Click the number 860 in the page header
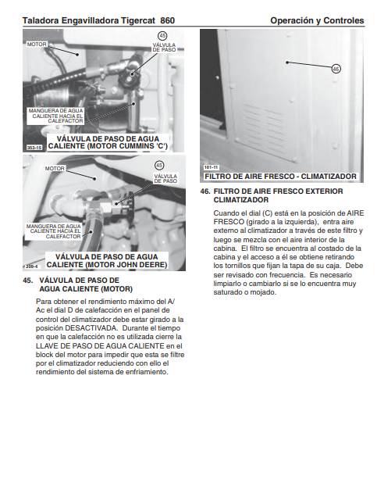167,20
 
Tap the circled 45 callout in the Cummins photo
162,36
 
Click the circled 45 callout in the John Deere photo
159,166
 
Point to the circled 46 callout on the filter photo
336,69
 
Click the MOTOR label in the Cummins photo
37,45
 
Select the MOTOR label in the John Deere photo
55,168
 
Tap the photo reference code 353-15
34,148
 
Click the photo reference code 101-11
212,167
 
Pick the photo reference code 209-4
31,266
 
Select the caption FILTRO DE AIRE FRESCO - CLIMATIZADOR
280,177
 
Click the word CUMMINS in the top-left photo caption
136,146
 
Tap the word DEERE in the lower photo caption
152,265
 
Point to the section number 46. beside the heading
205,191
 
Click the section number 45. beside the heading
28,280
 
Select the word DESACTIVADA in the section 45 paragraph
91,328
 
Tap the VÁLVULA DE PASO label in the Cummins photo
164,48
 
